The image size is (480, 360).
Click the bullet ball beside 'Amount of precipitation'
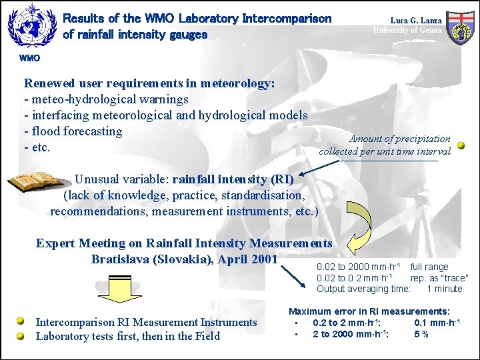pyautogui.click(x=461, y=145)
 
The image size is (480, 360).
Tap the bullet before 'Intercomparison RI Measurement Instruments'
pyautogui.click(x=21, y=322)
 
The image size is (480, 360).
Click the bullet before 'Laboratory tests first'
pyautogui.click(x=21, y=336)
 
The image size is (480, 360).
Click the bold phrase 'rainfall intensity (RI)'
pyautogui.click(x=233, y=179)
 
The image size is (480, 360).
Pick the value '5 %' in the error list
pyautogui.click(x=421, y=334)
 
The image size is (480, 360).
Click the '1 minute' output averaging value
pyautogui.click(x=444, y=289)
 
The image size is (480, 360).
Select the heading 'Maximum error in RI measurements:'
pyautogui.click(x=369, y=311)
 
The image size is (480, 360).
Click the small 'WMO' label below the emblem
pyautogui.click(x=29, y=58)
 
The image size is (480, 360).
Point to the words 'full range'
pyautogui.click(x=429, y=267)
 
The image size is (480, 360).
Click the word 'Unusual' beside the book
pyautogui.click(x=97, y=179)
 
